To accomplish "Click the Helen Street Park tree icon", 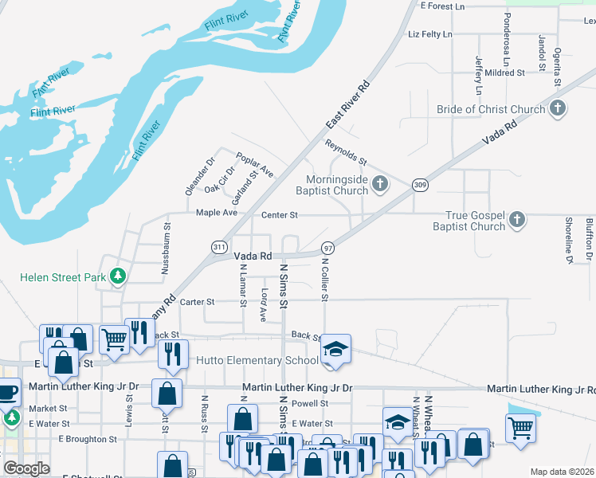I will click(119, 276).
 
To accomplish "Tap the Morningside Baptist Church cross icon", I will click(380, 185).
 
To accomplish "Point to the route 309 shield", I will click(419, 185).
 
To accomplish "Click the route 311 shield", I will click(219, 248).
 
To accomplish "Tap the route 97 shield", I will click(327, 249).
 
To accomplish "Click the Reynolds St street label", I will click(345, 151).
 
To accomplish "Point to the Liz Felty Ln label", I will click(429, 35).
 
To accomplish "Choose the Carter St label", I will click(198, 302).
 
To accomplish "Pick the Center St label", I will click(280, 215).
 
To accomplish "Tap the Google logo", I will click(25, 468).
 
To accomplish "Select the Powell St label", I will click(310, 404).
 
